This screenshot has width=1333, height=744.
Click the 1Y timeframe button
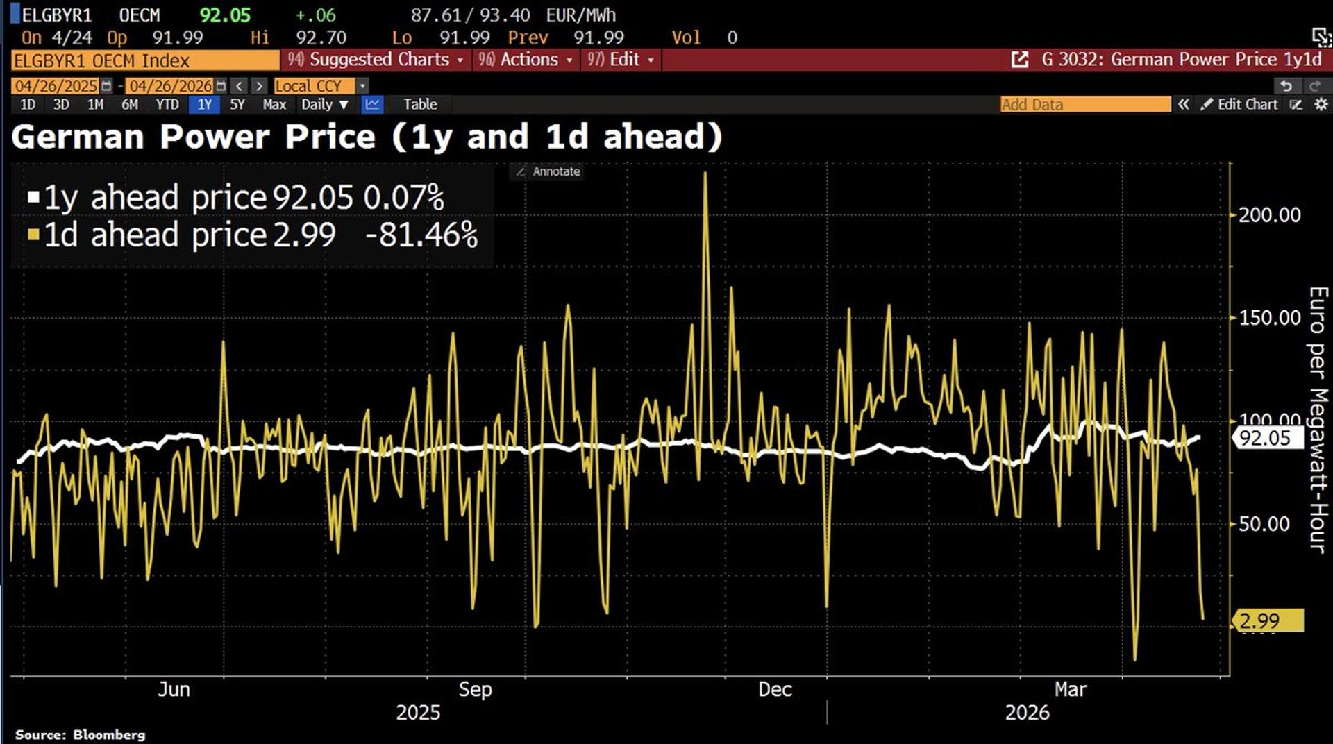204,105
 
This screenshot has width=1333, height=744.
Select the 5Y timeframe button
237,105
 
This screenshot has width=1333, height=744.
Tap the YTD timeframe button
167,105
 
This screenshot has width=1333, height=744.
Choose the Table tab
420,105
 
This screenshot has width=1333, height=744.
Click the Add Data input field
1084,105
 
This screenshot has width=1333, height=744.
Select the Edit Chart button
1241,105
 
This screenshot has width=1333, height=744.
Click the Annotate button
548,171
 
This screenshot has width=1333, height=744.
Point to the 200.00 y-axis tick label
1269,215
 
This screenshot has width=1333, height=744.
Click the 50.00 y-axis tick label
1264,524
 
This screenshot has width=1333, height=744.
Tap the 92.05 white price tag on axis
1266,438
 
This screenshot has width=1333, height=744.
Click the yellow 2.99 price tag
1267,620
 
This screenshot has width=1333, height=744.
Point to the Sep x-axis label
475,689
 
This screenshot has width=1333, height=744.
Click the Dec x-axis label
775,689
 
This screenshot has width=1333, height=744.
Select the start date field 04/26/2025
56,86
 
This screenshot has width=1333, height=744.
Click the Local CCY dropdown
319,86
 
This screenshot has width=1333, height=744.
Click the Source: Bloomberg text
81,734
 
